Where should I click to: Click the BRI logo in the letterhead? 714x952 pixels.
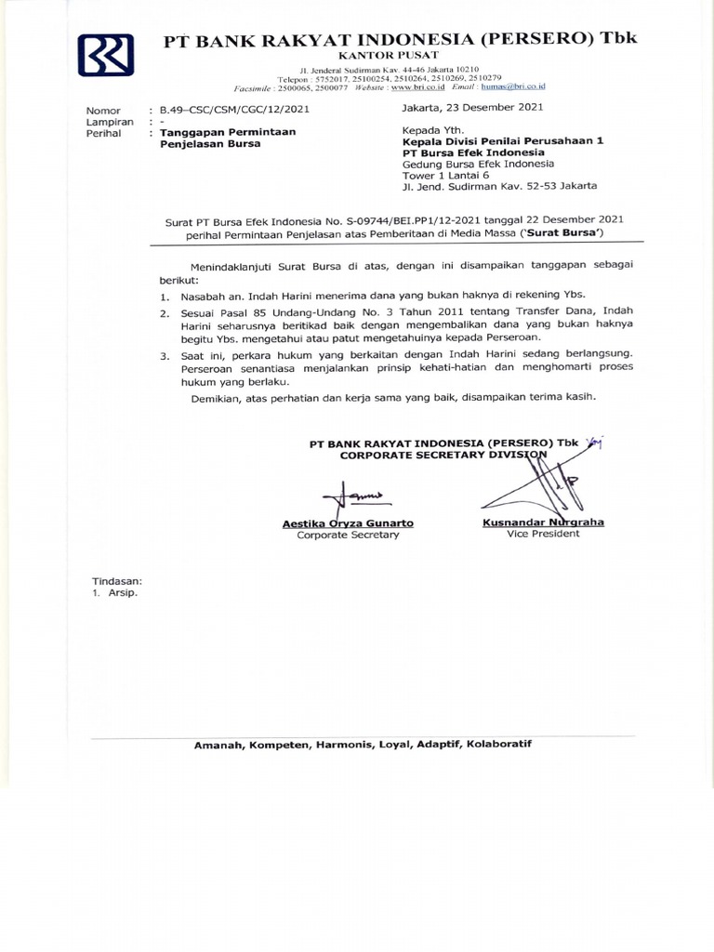coord(106,56)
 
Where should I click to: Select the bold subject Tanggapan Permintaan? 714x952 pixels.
coord(228,133)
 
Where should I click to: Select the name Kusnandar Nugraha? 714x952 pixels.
coord(543,522)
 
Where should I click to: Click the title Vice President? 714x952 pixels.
coord(543,535)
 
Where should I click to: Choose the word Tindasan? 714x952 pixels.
coord(114,580)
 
